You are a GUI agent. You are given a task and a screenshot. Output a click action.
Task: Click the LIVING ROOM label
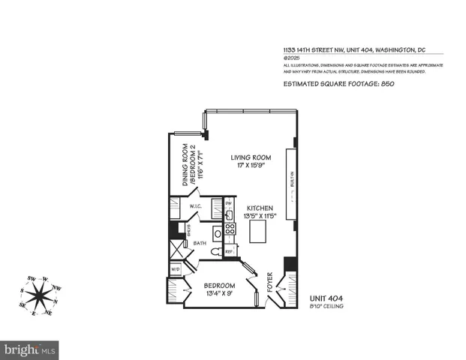(x=251, y=157)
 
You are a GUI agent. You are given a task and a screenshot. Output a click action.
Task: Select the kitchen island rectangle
(x=257, y=232)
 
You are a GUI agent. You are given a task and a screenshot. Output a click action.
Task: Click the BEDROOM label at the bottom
(x=220, y=286)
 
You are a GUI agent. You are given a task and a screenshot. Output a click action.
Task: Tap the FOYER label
(x=269, y=286)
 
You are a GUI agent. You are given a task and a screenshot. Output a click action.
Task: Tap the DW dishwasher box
(x=229, y=203)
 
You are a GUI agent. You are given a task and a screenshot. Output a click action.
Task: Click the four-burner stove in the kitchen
(x=230, y=229)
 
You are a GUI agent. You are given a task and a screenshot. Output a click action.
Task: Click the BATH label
(x=200, y=243)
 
